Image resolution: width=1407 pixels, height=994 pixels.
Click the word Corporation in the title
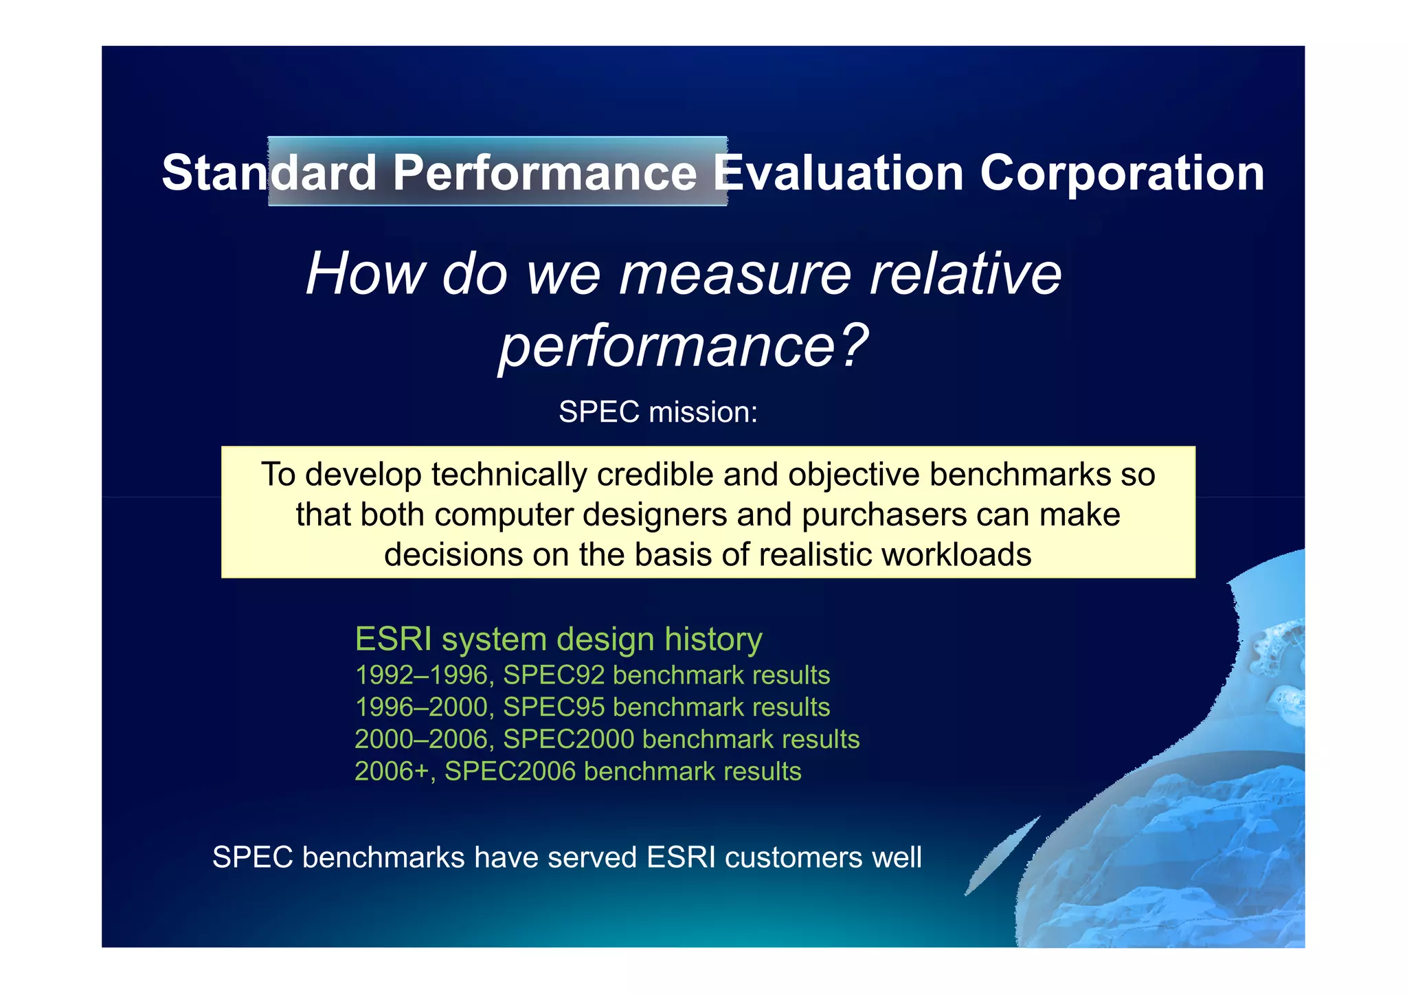1121,172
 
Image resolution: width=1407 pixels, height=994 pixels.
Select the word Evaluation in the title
837,172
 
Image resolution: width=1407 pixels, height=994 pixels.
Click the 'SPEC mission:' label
657,412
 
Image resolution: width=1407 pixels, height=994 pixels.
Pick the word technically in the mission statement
510,475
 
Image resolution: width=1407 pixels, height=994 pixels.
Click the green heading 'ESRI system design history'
558,639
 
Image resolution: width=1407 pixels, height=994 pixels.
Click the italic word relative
965,274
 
